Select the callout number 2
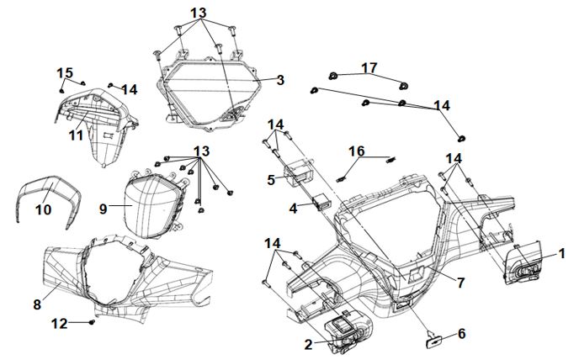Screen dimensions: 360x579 pyautogui.click(x=307, y=343)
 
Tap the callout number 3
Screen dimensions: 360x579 pyautogui.click(x=280, y=80)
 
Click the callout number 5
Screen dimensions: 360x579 pyautogui.click(x=271, y=179)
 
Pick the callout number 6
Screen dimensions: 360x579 pyautogui.click(x=460, y=334)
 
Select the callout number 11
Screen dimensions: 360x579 pyautogui.click(x=76, y=134)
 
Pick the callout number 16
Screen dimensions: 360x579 pyautogui.click(x=357, y=151)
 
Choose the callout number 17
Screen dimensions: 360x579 pyautogui.click(x=369, y=66)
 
